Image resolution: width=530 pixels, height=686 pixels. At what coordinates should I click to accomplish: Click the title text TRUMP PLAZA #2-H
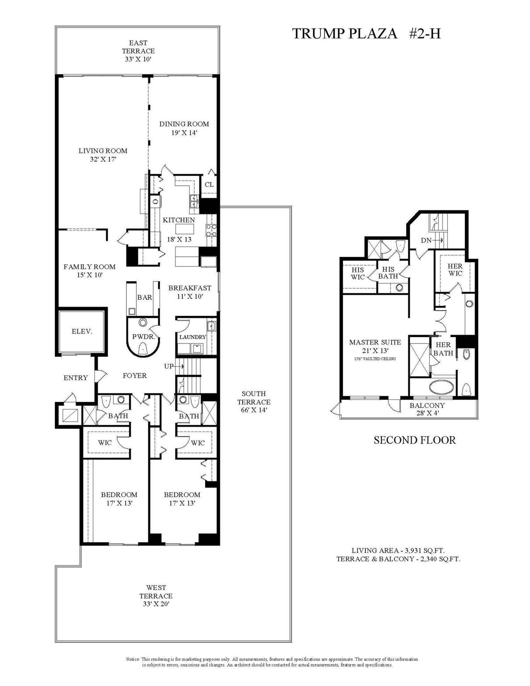(366, 33)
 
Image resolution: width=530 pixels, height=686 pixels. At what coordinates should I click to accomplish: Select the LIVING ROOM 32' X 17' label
(103, 155)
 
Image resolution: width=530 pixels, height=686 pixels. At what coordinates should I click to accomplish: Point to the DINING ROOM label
(184, 128)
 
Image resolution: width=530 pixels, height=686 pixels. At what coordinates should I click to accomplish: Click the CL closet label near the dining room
(209, 184)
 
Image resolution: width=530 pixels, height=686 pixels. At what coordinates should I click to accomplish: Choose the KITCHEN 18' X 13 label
(178, 229)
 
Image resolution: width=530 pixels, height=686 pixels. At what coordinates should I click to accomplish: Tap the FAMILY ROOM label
(89, 271)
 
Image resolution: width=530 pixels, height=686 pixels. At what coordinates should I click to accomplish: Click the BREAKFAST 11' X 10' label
(189, 292)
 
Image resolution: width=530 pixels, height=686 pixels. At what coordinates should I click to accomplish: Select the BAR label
(144, 297)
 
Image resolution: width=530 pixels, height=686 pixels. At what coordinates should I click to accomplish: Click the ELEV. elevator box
(82, 331)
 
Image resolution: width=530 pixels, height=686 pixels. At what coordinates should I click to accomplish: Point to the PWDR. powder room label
(143, 337)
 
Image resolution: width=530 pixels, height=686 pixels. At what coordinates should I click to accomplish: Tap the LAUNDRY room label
(193, 337)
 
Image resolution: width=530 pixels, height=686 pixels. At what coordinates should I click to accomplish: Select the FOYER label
(135, 376)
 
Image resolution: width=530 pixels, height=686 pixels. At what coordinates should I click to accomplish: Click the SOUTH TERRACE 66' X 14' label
(253, 402)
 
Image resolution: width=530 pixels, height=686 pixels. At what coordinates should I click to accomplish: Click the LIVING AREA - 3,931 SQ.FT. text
(398, 550)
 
